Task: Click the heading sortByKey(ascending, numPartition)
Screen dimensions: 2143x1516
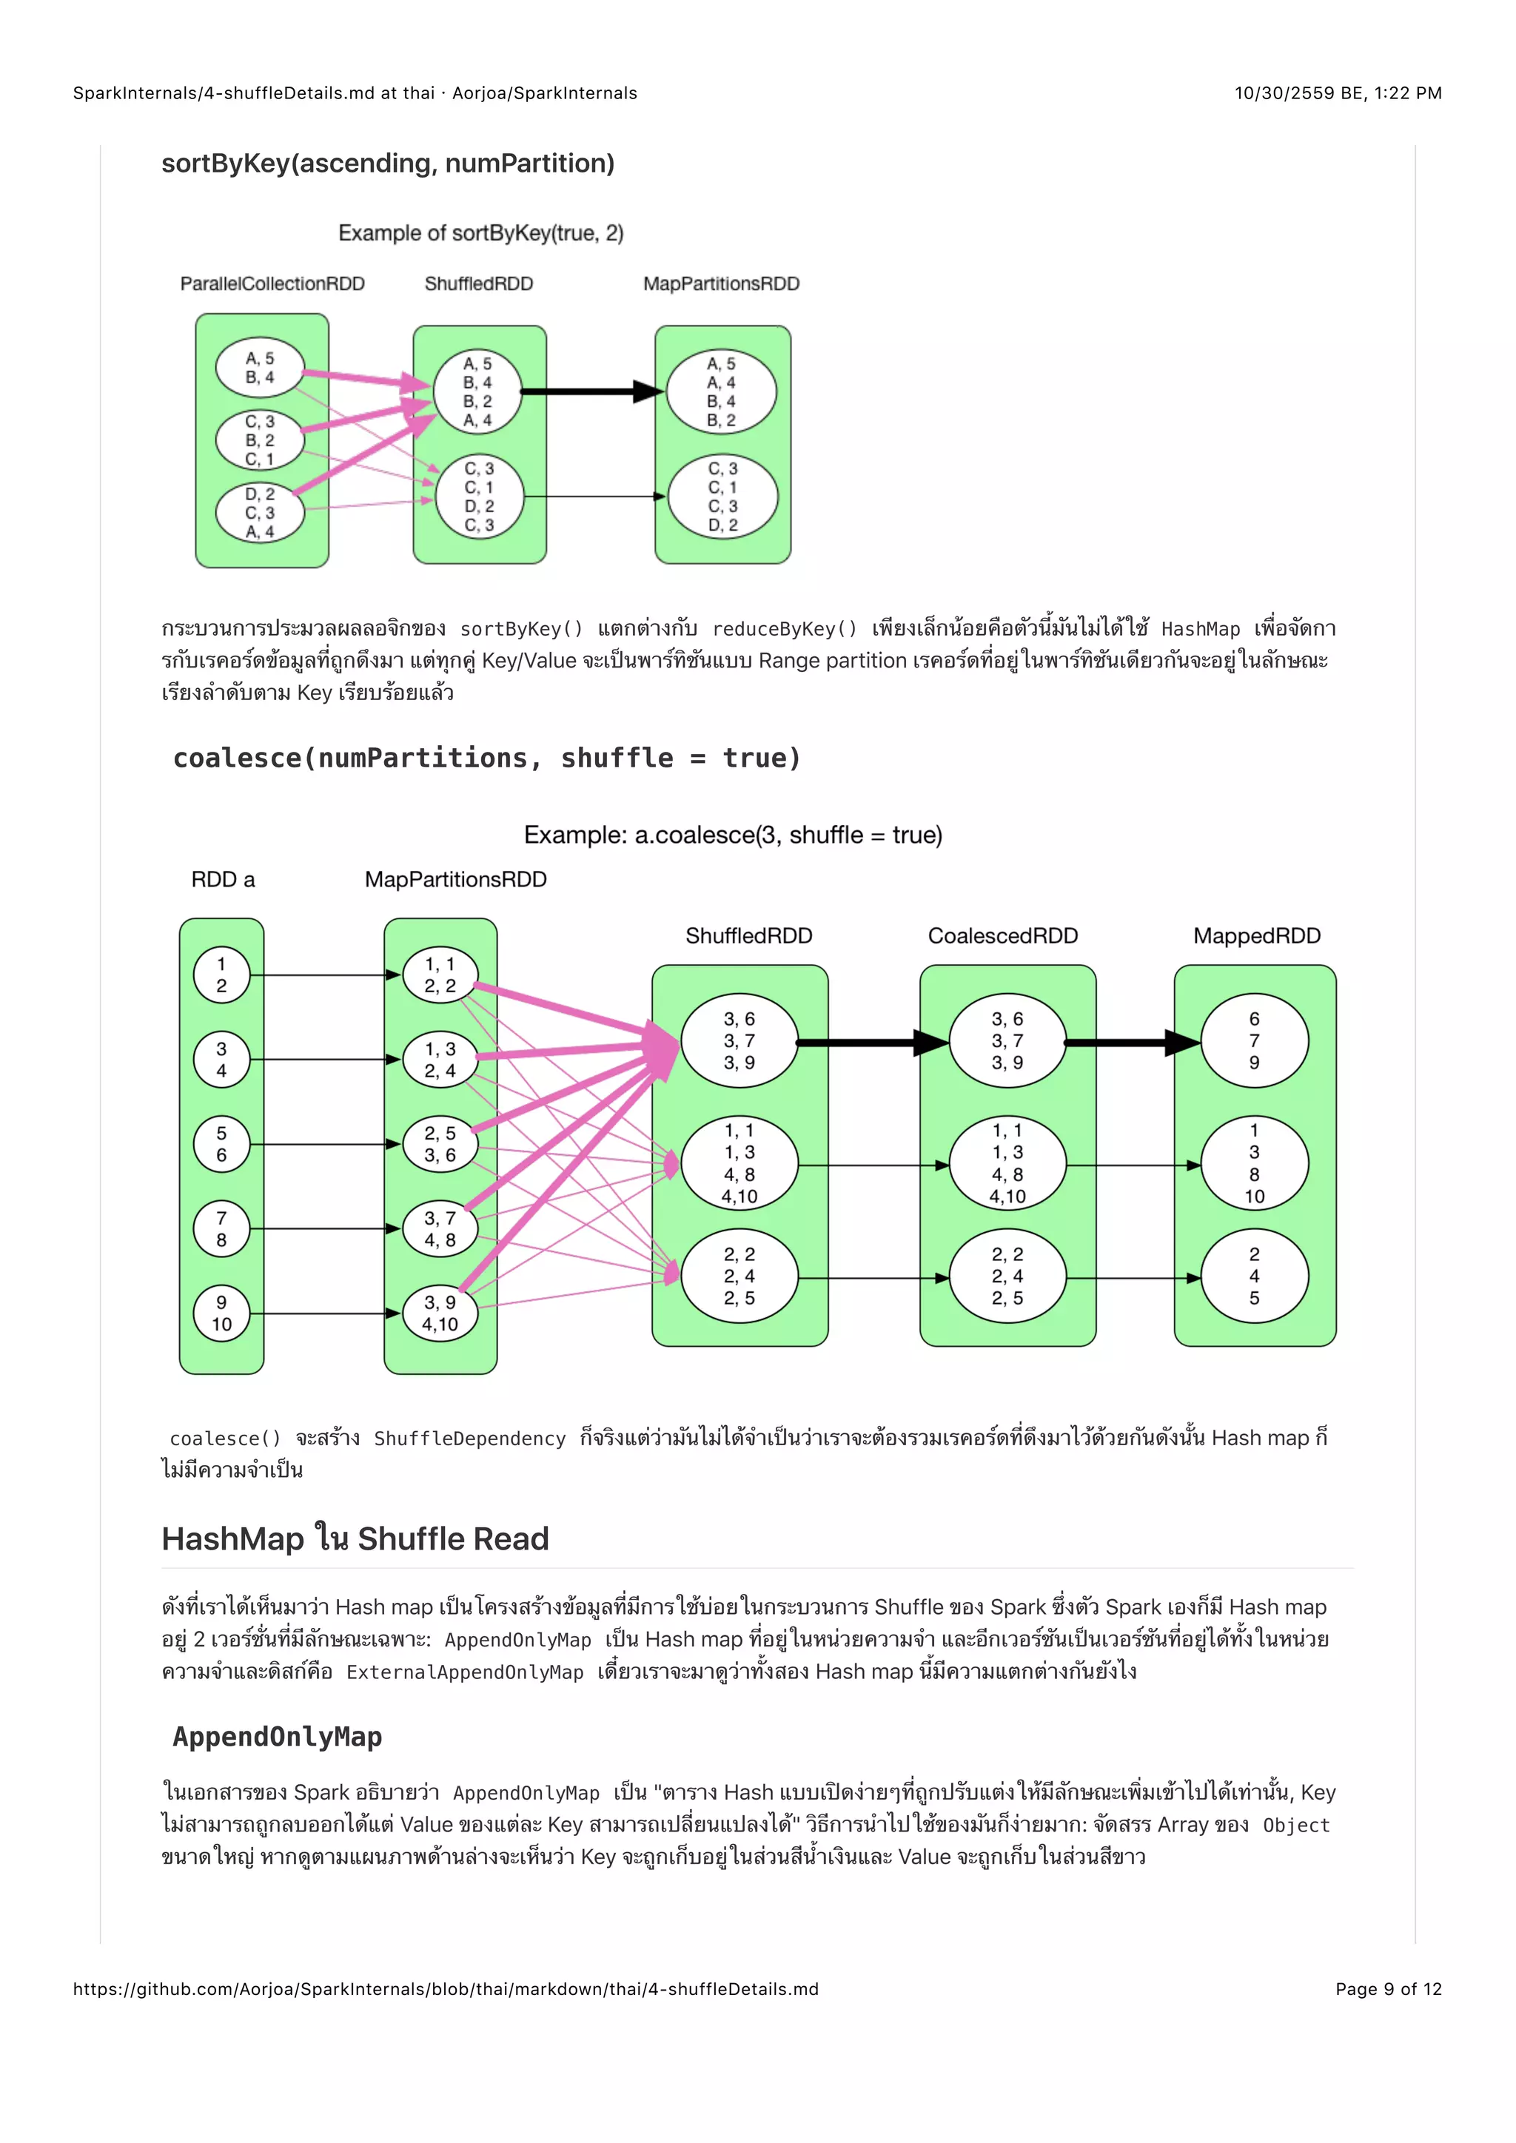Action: click(x=387, y=164)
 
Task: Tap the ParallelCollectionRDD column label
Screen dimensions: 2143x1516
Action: click(x=272, y=283)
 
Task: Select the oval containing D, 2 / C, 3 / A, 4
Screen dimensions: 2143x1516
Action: click(x=260, y=512)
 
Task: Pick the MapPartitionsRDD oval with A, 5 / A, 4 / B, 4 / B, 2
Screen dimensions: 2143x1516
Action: click(x=721, y=392)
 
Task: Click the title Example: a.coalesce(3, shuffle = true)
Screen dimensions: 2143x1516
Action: click(x=733, y=835)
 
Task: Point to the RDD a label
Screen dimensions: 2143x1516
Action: click(x=222, y=879)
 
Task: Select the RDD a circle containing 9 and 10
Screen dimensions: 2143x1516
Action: click(x=221, y=1313)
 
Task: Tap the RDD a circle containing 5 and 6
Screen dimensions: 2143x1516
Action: click(x=221, y=1144)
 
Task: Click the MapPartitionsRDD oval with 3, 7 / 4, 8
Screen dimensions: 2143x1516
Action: click(x=440, y=1229)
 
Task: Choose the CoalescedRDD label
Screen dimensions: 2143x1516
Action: click(x=1002, y=936)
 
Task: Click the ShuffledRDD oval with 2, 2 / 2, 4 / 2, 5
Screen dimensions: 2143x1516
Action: click(x=739, y=1276)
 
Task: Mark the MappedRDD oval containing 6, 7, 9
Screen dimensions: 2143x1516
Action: click(x=1254, y=1040)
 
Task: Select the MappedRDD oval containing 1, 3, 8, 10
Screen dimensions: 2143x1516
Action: click(x=1254, y=1164)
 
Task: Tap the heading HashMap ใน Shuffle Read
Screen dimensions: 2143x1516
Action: click(x=355, y=1539)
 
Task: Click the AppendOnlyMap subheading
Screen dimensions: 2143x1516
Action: click(x=278, y=1737)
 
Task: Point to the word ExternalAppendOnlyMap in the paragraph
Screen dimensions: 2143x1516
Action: click(x=465, y=1672)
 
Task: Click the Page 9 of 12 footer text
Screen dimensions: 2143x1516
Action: click(x=1388, y=1989)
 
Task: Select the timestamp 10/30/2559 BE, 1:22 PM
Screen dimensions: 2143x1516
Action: click(x=1338, y=93)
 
